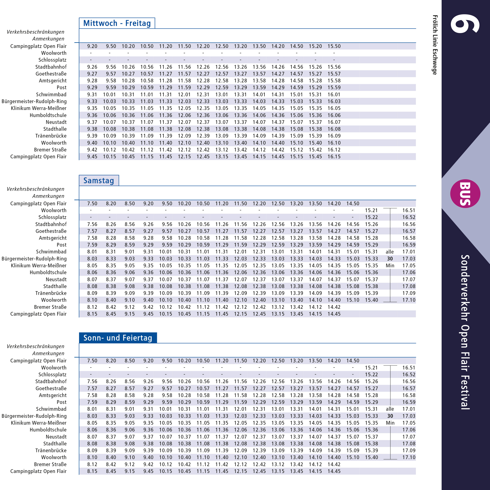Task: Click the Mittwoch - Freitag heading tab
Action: (117, 23)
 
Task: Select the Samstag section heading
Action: (99, 181)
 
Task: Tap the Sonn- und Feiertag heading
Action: (118, 338)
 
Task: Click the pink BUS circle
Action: (465, 194)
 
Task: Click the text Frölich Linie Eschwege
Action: (435, 45)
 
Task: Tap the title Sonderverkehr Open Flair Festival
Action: (465, 332)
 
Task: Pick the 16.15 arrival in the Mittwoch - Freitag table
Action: (334, 157)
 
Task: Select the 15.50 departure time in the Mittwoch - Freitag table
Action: (334, 46)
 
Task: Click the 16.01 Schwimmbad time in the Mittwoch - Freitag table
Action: (334, 95)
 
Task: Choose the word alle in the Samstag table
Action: (390, 252)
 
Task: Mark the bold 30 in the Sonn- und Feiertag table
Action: (390, 416)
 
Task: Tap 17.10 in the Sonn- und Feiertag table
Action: (409, 457)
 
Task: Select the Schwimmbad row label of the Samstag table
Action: (51, 252)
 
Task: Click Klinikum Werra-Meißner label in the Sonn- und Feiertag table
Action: (39, 423)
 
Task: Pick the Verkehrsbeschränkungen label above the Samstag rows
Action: (35, 189)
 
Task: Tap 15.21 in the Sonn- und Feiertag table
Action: (371, 368)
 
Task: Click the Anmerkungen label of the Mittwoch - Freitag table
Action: (48, 39)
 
